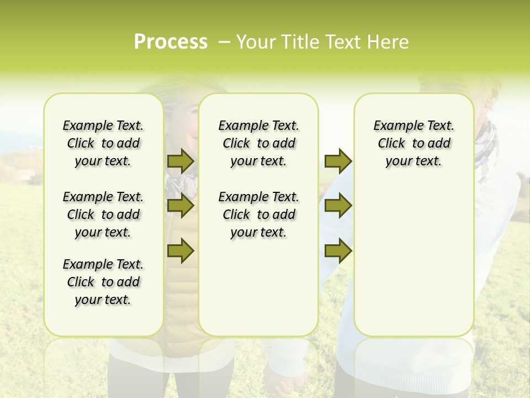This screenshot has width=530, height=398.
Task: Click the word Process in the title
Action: [171, 42]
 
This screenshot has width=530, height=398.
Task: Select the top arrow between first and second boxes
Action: [181, 161]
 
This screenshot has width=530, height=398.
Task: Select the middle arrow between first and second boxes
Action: [181, 206]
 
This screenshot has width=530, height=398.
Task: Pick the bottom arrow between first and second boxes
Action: [181, 251]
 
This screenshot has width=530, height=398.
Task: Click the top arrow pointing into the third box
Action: [338, 161]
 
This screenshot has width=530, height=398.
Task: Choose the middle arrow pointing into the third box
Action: [338, 206]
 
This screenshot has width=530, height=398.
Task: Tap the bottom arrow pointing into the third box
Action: [338, 251]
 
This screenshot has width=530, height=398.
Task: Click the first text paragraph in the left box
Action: [103, 143]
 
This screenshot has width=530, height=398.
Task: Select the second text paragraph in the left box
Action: [103, 214]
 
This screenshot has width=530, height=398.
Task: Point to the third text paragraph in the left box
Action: [103, 282]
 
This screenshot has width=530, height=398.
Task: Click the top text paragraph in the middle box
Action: [258, 143]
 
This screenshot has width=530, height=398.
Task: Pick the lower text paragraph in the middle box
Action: [258, 214]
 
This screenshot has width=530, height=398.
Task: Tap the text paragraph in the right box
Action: [414, 143]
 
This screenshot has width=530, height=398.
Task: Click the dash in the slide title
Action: [224, 42]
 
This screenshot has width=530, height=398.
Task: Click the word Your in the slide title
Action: [257, 42]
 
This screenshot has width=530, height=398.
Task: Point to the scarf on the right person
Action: [486, 144]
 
